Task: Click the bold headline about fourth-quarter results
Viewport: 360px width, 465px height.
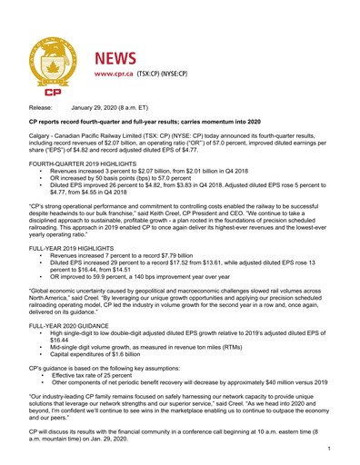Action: tap(159, 121)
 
